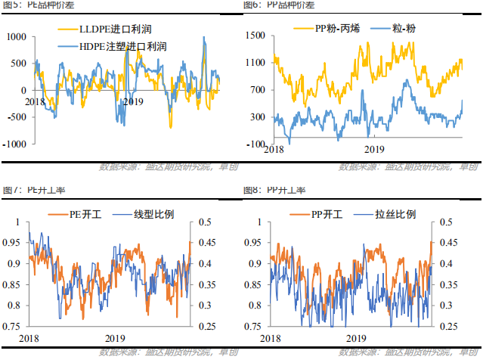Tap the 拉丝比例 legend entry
395,215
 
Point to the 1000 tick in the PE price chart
15,37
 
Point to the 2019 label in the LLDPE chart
132,101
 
